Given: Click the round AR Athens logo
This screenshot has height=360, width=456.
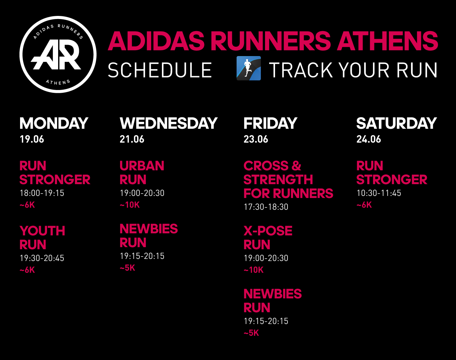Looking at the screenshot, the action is click(x=58, y=54).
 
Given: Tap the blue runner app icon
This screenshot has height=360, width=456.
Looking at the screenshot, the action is click(x=248, y=68).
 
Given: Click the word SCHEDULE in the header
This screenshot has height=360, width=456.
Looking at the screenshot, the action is click(x=160, y=70).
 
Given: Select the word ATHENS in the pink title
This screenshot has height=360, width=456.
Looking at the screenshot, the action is click(x=387, y=41).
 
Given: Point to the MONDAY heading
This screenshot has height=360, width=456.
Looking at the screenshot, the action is click(x=54, y=123).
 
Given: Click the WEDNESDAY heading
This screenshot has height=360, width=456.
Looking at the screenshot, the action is click(x=168, y=123).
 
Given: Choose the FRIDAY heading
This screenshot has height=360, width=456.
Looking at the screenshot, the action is click(x=270, y=123).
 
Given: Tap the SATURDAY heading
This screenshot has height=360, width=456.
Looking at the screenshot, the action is click(x=396, y=123).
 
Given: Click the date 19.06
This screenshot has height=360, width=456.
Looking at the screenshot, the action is click(x=32, y=139).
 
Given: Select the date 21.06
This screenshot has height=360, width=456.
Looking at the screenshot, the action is click(x=132, y=139).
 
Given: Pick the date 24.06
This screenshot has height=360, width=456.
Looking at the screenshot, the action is click(x=368, y=139).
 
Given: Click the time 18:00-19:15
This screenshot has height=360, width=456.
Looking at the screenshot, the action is click(x=42, y=193).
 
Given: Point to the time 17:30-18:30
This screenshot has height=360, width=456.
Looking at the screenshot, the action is click(x=266, y=207).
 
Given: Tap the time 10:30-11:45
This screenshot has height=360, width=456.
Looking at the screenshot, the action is click(x=379, y=193).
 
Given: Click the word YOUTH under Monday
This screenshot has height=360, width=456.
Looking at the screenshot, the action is click(x=42, y=231).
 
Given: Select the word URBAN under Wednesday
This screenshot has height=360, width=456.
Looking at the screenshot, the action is click(x=142, y=165).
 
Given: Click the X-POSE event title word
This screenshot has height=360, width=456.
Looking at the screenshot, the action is click(x=268, y=231).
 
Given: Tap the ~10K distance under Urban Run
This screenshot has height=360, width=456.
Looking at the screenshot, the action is click(x=130, y=205).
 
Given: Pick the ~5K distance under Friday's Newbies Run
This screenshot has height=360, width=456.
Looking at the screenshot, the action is click(x=251, y=333).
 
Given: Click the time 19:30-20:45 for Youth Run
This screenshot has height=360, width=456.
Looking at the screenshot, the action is click(x=42, y=258).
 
